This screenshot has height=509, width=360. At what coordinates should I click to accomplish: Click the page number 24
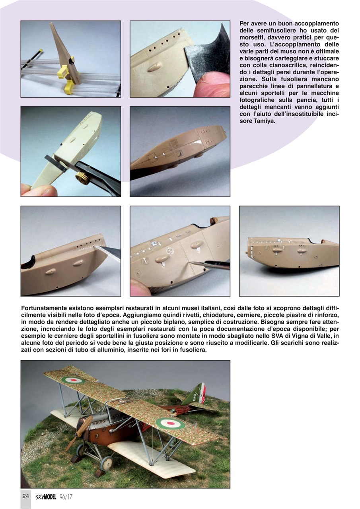25,496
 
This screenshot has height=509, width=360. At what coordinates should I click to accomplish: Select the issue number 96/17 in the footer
66,497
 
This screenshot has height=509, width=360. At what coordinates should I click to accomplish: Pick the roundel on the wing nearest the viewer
170,423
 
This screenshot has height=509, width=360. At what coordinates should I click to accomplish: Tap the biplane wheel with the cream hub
106,462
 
